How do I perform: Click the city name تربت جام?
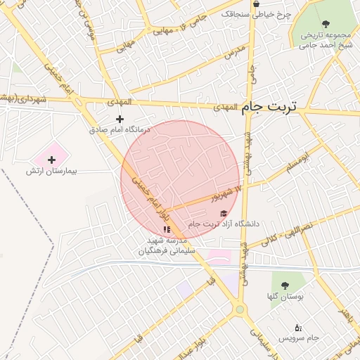pyautogui.click(x=269, y=107)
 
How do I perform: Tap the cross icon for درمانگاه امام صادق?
pyautogui.click(x=120, y=119)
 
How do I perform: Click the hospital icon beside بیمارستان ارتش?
pyautogui.click(x=51, y=160)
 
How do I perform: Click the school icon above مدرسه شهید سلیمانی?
pyautogui.click(x=167, y=229)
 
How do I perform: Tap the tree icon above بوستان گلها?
pyautogui.click(x=285, y=285)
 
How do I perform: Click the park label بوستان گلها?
pyautogui.click(x=285, y=297)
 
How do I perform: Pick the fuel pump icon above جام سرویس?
pyautogui.click(x=298, y=327)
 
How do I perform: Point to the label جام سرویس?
pyautogui.click(x=299, y=338)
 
